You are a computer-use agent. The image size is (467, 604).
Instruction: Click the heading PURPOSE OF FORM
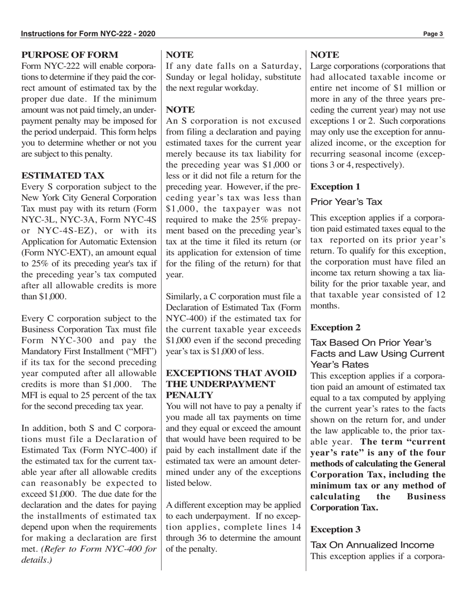70,55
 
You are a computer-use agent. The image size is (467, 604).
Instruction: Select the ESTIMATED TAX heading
63,175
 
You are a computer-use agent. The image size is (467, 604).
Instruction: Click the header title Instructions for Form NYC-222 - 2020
88,34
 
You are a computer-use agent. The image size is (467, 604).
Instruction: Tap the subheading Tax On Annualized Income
372,545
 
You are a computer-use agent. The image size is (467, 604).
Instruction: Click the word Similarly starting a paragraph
186,297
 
